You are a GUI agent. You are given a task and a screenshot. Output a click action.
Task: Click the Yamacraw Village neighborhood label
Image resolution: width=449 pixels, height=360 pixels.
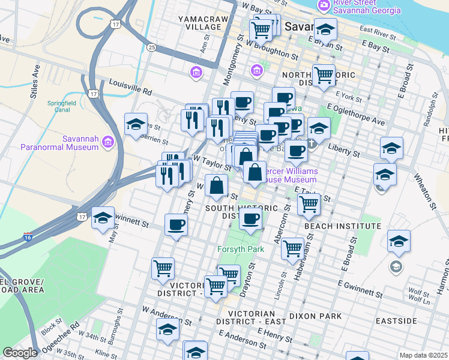click(200, 23)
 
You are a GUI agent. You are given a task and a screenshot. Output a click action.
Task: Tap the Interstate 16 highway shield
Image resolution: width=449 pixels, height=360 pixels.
click(28, 238)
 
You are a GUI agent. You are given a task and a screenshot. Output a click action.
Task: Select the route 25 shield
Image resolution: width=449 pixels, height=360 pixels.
click(152, 47)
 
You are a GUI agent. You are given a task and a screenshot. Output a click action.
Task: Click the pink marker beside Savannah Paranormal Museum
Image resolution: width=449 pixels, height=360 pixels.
click(108, 142)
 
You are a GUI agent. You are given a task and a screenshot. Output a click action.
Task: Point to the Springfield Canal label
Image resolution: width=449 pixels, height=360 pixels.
click(63, 106)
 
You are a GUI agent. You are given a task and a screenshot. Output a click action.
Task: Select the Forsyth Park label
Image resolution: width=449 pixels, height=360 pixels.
click(238, 248)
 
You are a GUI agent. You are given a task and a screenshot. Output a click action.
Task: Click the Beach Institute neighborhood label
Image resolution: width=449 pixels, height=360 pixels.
click(342, 226)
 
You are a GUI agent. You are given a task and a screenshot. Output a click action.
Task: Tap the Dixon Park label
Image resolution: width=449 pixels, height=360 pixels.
click(315, 316)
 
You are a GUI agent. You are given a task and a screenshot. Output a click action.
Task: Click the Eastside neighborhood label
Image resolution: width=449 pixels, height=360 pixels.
click(396, 321)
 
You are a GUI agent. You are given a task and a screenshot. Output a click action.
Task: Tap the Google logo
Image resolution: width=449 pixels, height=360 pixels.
click(20, 353)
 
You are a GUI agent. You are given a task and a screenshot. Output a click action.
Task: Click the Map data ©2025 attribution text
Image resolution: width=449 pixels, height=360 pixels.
click(423, 355)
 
